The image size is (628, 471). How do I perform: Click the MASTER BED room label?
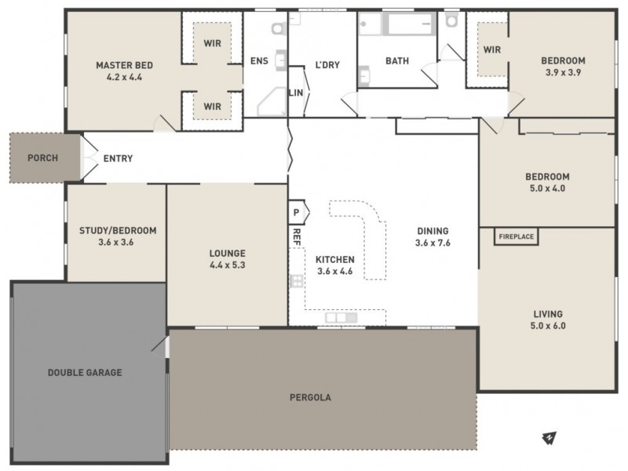click(x=124, y=65)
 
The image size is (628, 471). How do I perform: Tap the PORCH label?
click(x=42, y=158)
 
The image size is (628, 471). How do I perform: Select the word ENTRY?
click(x=118, y=159)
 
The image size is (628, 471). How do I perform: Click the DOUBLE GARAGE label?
click(x=85, y=372)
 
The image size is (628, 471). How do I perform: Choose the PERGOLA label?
click(x=316, y=397)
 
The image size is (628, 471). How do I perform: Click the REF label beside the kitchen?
click(x=297, y=237)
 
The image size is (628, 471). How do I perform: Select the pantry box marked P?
click(x=297, y=213)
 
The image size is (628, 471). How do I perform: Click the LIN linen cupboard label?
click(x=296, y=93)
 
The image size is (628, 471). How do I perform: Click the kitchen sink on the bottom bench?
click(x=341, y=318)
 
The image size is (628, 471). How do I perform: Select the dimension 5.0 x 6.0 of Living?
click(x=549, y=325)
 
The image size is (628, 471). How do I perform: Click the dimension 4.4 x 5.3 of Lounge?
click(x=228, y=265)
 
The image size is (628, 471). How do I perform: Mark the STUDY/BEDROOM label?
click(x=118, y=231)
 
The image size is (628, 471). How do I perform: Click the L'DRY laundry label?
click(x=327, y=65)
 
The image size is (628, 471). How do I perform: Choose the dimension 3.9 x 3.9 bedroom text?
click(x=563, y=72)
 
